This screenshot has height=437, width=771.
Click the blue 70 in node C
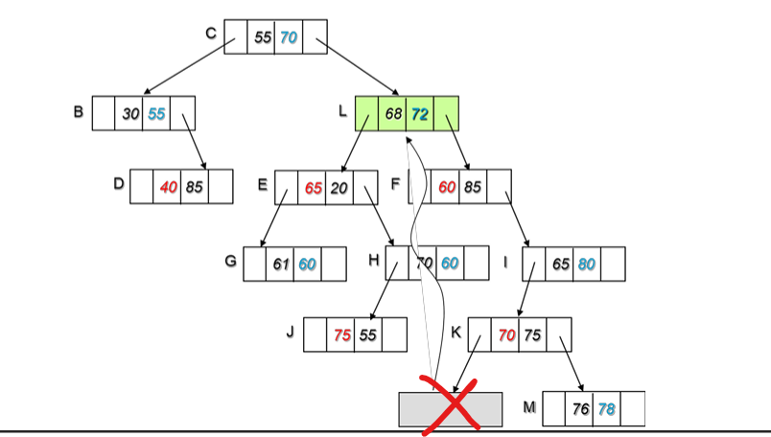click(x=289, y=37)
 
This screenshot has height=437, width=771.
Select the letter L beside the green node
click(x=342, y=111)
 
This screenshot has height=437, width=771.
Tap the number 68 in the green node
click(x=393, y=114)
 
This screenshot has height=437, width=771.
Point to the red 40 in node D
click(x=169, y=187)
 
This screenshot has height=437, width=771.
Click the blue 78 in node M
click(x=606, y=409)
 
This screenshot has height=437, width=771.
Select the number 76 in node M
click(x=580, y=409)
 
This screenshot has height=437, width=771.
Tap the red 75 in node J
click(x=342, y=334)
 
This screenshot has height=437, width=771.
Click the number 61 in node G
click(x=282, y=264)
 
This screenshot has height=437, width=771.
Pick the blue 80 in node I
click(x=587, y=264)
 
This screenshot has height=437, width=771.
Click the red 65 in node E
click(x=314, y=188)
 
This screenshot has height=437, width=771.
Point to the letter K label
click(x=456, y=333)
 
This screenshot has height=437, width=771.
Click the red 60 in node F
click(x=447, y=187)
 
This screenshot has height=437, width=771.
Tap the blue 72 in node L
click(x=419, y=114)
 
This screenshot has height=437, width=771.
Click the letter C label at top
click(x=211, y=34)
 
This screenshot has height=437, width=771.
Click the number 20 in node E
click(x=339, y=188)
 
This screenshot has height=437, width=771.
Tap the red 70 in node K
click(x=506, y=334)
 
